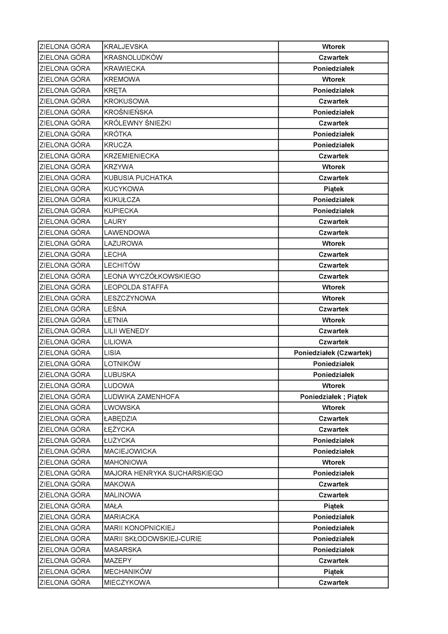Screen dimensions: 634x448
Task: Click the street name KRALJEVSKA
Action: click(x=126, y=47)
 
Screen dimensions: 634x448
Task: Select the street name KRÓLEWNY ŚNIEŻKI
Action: click(x=137, y=123)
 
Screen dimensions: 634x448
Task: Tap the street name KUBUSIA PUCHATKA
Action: click(x=138, y=178)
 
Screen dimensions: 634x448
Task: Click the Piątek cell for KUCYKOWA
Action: click(x=333, y=189)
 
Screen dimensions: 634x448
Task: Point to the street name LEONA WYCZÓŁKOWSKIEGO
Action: click(x=152, y=276)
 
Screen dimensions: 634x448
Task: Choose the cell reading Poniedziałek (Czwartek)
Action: click(x=333, y=353)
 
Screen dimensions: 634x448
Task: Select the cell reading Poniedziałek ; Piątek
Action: click(x=333, y=397)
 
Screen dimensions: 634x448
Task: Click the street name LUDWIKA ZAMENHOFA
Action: click(x=142, y=397)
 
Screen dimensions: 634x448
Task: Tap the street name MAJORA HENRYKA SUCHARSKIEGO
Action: click(x=163, y=473)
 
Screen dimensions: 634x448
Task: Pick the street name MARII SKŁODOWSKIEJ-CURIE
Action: click(x=153, y=539)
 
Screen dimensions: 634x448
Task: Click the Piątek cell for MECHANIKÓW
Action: click(x=333, y=572)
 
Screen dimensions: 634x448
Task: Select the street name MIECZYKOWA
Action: click(x=127, y=583)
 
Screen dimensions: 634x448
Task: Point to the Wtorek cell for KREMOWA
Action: click(x=333, y=79)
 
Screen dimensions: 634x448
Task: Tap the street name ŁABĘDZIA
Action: click(x=120, y=419)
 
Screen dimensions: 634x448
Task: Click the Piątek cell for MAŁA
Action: click(x=333, y=506)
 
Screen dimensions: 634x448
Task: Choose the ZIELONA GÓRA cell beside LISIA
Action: click(x=65, y=353)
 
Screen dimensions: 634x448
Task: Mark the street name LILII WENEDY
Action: click(x=126, y=331)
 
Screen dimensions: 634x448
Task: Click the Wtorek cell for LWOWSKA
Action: click(x=333, y=408)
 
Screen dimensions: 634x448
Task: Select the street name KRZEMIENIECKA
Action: click(x=131, y=156)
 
